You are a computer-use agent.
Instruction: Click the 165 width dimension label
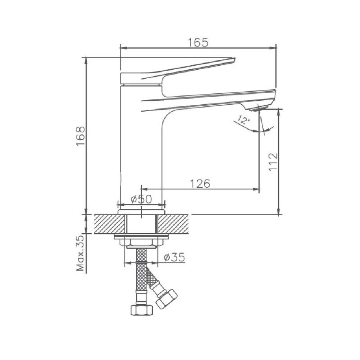(x=198, y=42)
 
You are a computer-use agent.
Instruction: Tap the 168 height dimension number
(x=81, y=136)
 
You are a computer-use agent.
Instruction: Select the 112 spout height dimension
(x=273, y=162)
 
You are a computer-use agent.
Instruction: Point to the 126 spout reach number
(x=200, y=184)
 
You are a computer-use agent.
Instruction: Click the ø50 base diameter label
(x=141, y=199)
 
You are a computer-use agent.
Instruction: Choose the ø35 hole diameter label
(x=175, y=257)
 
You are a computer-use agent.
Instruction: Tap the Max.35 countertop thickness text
(x=81, y=253)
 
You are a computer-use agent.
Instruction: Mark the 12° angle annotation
(x=242, y=120)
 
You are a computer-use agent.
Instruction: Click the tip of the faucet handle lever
(x=234, y=59)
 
